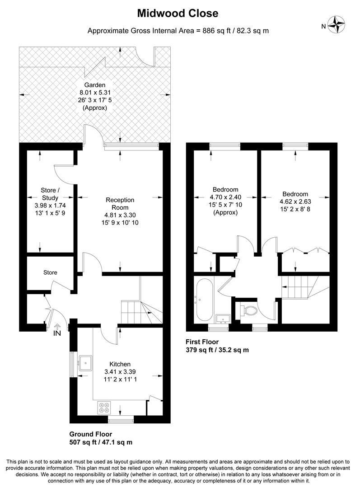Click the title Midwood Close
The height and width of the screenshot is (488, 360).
(178, 14)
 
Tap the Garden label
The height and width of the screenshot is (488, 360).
(95, 85)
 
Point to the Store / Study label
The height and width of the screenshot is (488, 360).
(50, 194)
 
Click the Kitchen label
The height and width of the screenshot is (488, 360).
(120, 364)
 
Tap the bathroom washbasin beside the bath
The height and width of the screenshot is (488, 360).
(222, 319)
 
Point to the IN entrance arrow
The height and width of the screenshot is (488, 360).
(57, 328)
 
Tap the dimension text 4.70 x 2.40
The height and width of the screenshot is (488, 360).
(225, 197)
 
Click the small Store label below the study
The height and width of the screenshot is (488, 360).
(50, 272)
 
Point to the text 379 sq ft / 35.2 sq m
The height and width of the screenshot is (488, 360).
(217, 350)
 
